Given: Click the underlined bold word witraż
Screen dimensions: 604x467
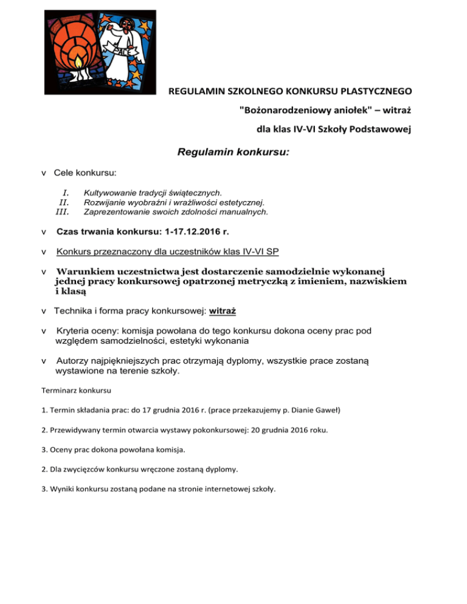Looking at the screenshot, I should pos(223,311).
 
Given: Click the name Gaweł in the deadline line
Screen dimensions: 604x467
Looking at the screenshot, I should pos(328,411).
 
